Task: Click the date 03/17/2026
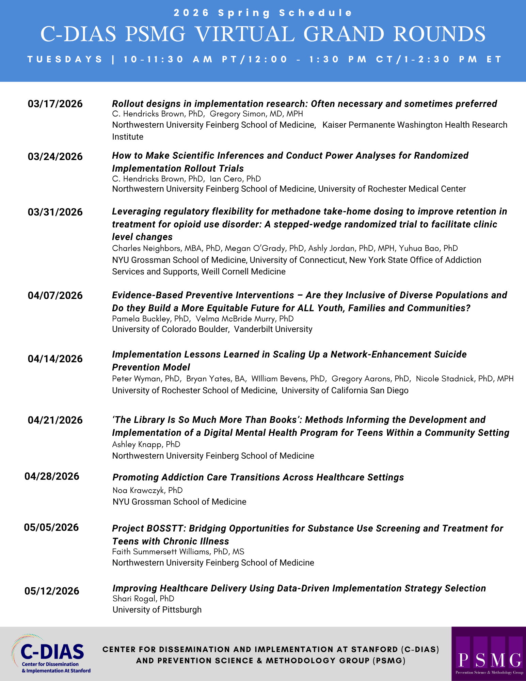[55, 104]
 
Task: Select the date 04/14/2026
[55, 359]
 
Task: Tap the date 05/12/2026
[52, 591]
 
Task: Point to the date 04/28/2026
[52, 476]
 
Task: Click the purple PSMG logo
[489, 654]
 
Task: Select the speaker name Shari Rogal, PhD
[143, 599]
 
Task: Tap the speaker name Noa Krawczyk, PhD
[147, 490]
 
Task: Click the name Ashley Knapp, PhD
[146, 444]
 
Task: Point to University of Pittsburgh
[157, 610]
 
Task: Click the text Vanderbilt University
[273, 329]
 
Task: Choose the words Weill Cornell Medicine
[243, 272]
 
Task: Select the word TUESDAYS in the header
[65, 59]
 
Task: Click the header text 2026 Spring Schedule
[263, 13]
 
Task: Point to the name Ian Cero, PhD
[235, 179]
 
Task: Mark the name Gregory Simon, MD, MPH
[256, 114]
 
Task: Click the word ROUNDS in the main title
[440, 34]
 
